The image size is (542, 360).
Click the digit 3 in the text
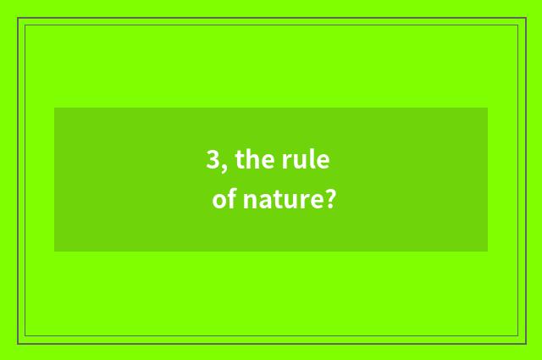pyautogui.click(x=213, y=160)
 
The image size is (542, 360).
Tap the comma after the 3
pyautogui.click(x=224, y=167)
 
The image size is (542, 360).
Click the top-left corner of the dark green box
pyautogui.click(x=54, y=108)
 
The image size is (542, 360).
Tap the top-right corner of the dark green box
pyautogui.click(x=488, y=108)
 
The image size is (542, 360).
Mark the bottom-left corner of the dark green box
pyautogui.click(x=54, y=252)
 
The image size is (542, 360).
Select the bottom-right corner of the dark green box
pyautogui.click(x=488, y=252)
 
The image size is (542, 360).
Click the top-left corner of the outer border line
pyautogui.click(x=18, y=18)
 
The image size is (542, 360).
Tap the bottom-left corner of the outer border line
pyautogui.click(x=18, y=343)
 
